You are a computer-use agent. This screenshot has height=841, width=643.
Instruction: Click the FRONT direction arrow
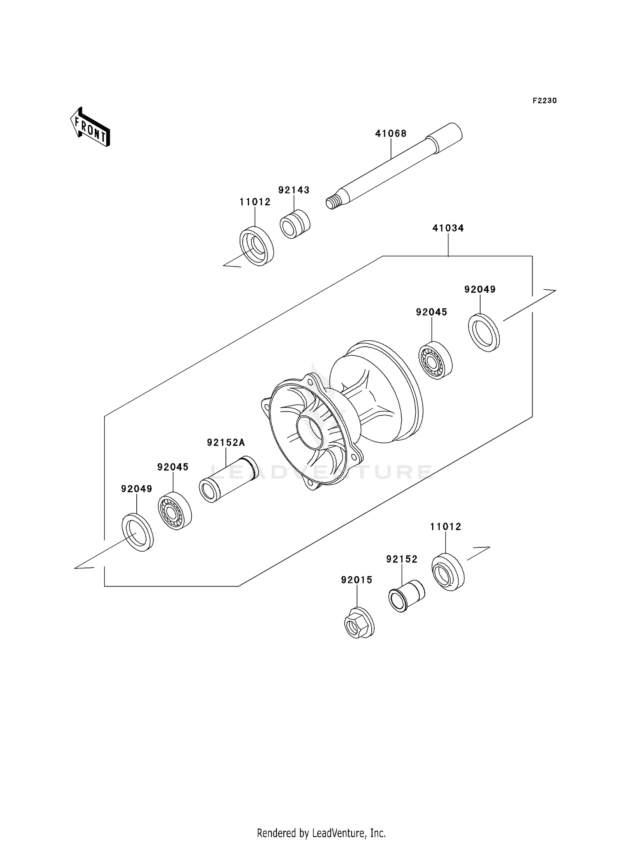(90, 127)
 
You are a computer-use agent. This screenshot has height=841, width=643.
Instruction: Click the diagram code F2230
(544, 101)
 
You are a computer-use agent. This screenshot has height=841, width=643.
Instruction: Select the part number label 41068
(391, 134)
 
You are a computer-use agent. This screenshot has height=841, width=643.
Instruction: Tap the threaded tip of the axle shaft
(331, 202)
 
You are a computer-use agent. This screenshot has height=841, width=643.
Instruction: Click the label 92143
(294, 190)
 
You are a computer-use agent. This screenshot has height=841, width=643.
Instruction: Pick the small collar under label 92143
(295, 224)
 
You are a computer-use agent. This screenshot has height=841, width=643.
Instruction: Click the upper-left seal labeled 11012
(256, 247)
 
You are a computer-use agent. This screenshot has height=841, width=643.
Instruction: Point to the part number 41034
(448, 228)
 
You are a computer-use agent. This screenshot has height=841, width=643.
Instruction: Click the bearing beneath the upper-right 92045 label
(435, 360)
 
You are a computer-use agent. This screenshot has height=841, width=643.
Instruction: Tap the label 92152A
(226, 442)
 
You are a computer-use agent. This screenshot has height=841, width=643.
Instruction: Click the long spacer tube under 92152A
(228, 479)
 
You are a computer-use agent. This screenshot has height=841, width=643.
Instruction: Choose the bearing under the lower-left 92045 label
(174, 511)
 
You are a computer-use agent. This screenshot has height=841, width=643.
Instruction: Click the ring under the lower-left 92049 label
(138, 532)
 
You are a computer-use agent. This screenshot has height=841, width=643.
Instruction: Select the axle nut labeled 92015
(358, 622)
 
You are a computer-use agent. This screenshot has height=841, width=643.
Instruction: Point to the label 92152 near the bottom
(402, 559)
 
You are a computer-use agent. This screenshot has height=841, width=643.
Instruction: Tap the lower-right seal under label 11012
(448, 573)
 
